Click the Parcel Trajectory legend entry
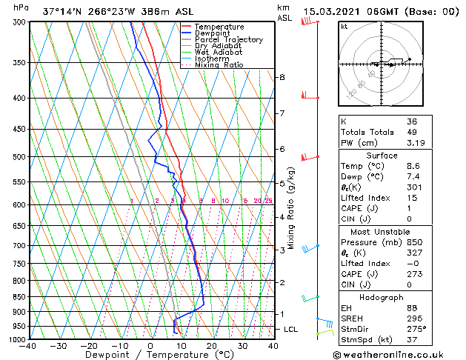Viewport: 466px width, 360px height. pos(228,40)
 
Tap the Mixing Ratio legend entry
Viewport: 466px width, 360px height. pos(219,65)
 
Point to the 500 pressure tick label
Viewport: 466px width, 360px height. pos(19,157)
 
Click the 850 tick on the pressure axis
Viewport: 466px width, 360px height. pos(19,296)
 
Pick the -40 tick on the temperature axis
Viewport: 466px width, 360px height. pos(28,346)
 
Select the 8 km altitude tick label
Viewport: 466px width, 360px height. pos(282,77)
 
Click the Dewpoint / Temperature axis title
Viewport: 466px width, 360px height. pos(150,356)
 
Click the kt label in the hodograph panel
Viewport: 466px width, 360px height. pos(344,26)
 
